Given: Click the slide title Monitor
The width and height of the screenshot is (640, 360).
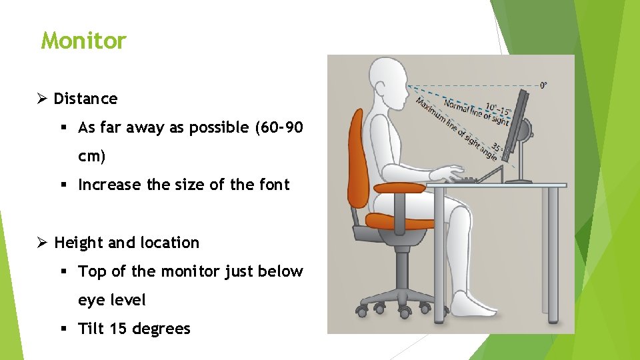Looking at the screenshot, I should [83, 41].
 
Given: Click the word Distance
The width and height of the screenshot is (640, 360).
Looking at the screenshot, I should [85, 99].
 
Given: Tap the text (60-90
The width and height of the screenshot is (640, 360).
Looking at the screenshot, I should [279, 127].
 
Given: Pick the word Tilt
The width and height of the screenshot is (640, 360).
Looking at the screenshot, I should [91, 329].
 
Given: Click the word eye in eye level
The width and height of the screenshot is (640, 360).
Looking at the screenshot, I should [91, 300].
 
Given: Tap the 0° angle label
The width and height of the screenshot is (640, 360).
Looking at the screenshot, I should [544, 85].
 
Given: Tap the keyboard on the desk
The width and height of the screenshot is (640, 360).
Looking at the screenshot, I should [467, 179].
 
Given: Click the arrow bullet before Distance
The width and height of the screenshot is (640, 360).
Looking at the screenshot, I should [41, 99].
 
